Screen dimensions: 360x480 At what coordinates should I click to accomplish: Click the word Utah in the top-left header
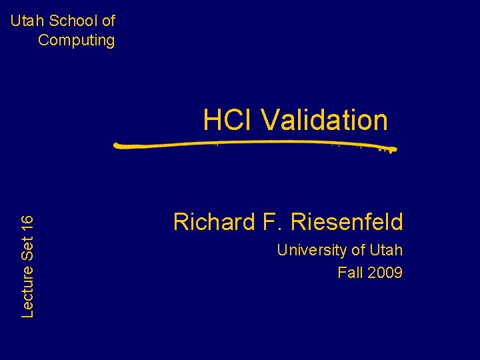click(25, 21)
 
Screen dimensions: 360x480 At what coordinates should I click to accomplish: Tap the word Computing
click(76, 40)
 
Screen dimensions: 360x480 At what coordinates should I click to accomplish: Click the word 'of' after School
click(108, 21)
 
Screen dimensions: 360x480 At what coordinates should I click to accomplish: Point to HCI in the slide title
click(228, 120)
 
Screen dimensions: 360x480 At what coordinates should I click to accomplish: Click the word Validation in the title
click(324, 120)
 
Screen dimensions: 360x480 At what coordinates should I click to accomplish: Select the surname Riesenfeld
click(347, 221)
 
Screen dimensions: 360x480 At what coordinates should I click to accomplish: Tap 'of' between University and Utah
click(357, 251)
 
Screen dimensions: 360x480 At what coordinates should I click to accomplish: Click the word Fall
click(350, 273)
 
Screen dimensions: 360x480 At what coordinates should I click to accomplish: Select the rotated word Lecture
click(27, 291)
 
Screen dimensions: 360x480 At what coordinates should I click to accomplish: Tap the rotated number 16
click(27, 223)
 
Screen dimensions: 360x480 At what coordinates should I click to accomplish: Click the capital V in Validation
click(269, 120)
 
